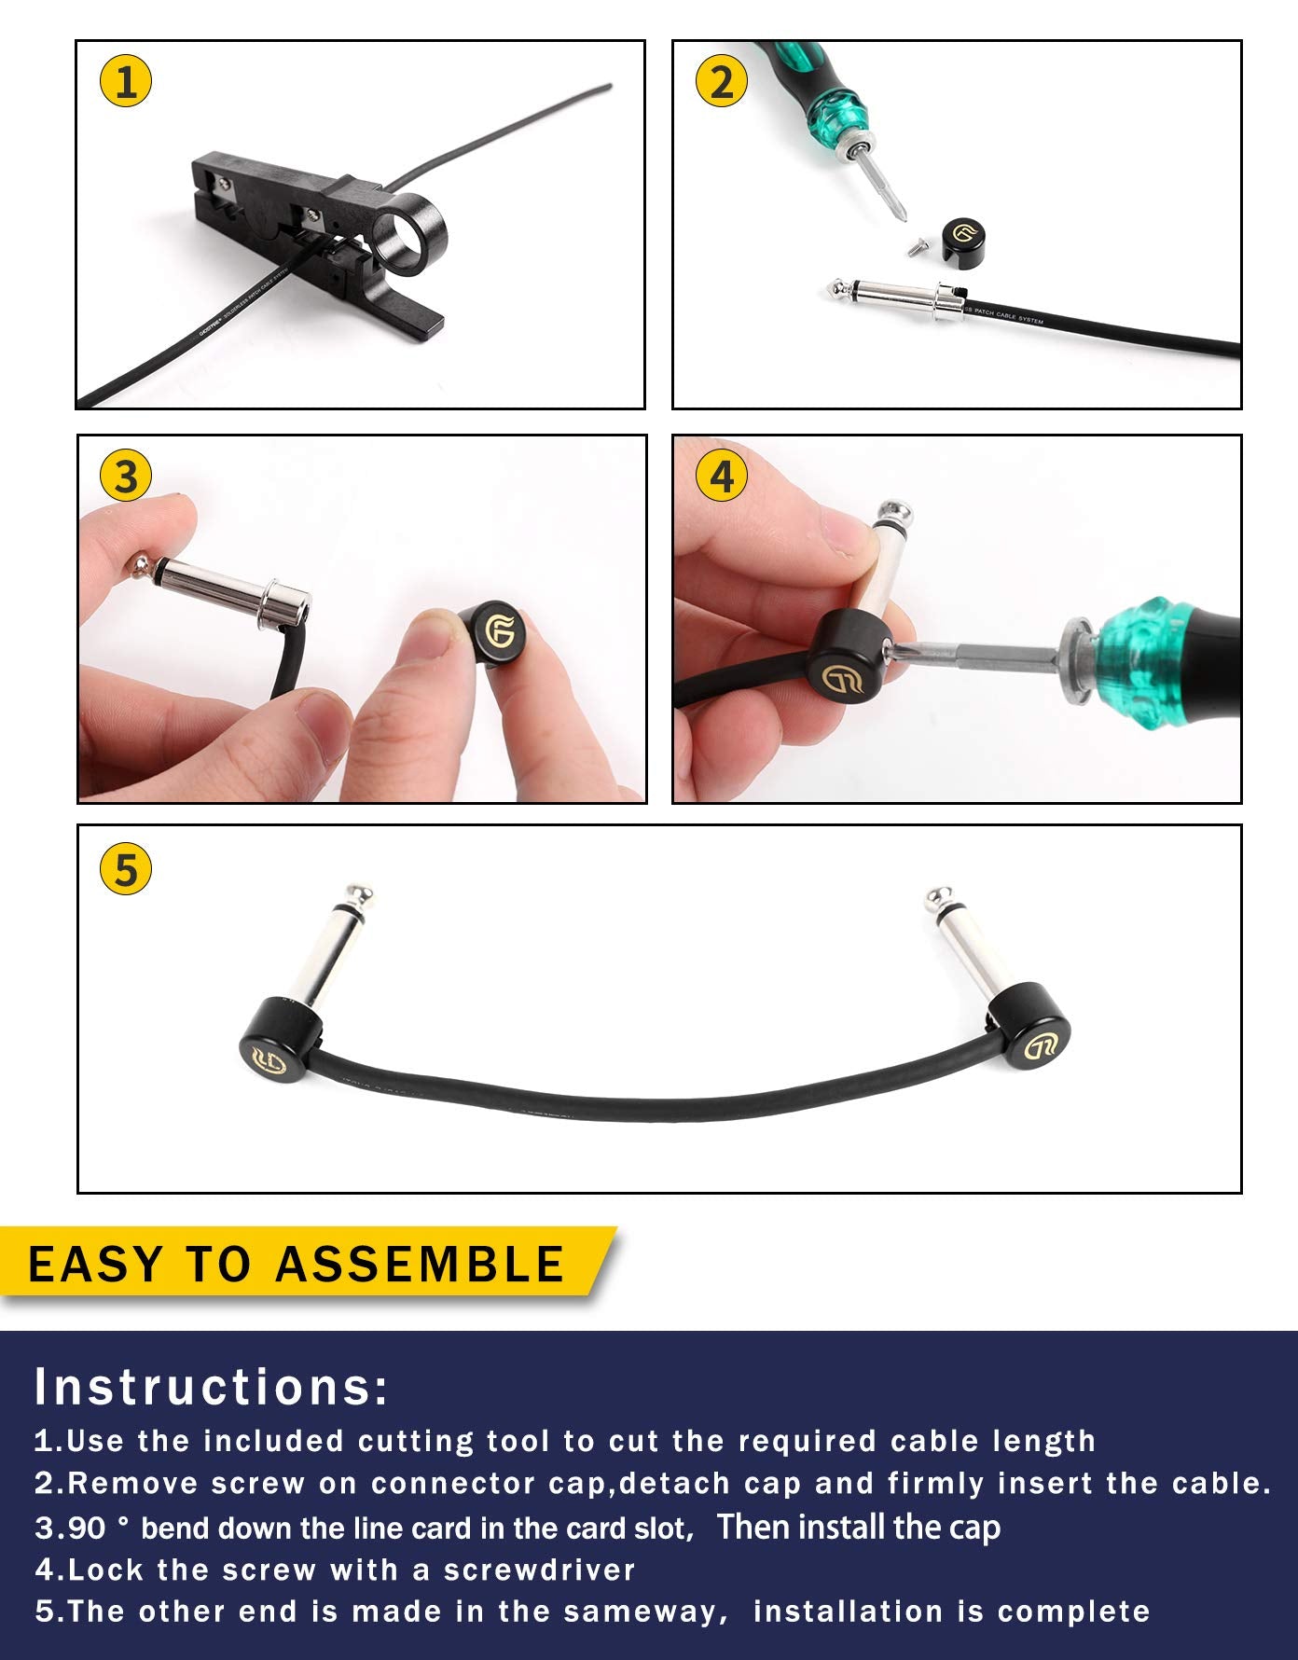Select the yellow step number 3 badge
click(125, 477)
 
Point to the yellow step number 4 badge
click(721, 477)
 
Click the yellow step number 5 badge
click(125, 869)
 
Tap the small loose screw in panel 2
click(915, 247)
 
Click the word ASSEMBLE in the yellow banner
click(420, 1264)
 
